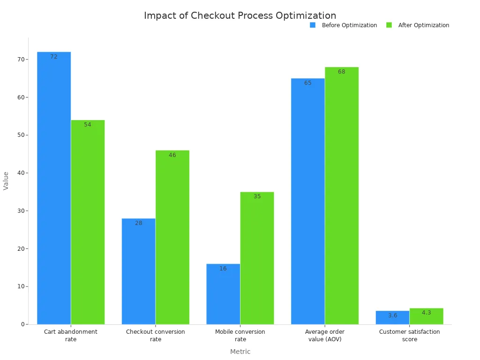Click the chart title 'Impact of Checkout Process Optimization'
tap(240, 15)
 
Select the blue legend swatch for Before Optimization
tap(313, 25)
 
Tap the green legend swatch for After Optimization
tap(389, 25)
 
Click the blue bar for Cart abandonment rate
tap(54, 187)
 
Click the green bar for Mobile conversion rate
tap(257, 258)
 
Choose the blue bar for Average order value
tap(307, 201)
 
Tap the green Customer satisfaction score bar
tap(426, 316)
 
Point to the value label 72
tap(54, 57)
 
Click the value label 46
tap(172, 155)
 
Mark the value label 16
tap(223, 269)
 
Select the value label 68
tap(342, 72)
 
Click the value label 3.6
tap(392, 315)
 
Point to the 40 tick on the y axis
tap(21, 173)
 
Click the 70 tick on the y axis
tap(21, 60)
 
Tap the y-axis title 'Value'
tap(6, 180)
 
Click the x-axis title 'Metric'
tap(240, 352)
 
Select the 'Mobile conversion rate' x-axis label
tap(240, 335)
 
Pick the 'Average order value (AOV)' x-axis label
tap(325, 335)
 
